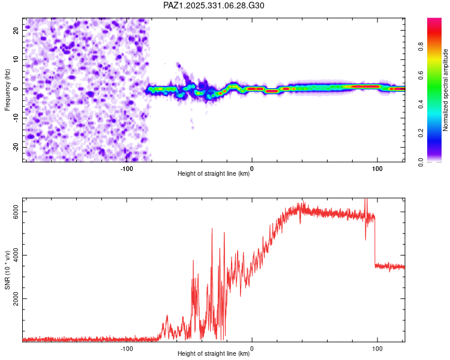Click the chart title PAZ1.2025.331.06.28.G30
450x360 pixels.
214,5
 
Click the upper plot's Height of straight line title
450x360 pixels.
214,174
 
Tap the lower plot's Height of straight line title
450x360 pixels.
214,353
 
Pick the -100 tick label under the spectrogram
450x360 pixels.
127,169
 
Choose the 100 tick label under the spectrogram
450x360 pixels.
377,169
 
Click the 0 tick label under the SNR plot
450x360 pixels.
252,348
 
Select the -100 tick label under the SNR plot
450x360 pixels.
127,348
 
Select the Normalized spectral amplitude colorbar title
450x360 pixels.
445,90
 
